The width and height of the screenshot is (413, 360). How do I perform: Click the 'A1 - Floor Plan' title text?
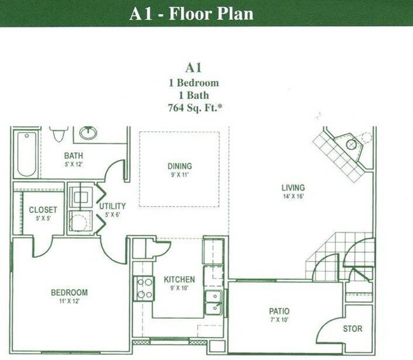[191, 13]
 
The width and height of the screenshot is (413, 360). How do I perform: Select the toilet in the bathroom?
[59, 134]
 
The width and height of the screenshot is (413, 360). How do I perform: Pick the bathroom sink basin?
[88, 133]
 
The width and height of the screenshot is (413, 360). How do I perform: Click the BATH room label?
[74, 155]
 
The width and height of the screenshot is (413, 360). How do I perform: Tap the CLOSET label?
[43, 210]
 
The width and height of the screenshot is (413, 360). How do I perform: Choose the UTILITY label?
[112, 206]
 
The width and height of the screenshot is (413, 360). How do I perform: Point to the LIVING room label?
[293, 187]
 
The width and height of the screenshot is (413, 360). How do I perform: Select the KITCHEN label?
[179, 279]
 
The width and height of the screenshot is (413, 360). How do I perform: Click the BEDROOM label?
[69, 292]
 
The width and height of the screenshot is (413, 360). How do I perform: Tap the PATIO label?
[278, 311]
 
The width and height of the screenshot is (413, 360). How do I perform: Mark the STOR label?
[353, 329]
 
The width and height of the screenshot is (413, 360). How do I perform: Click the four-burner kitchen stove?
[143, 288]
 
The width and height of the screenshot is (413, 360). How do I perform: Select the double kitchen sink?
[214, 302]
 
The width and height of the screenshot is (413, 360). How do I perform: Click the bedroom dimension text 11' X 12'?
[69, 301]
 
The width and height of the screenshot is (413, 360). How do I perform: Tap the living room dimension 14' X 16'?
[293, 196]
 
